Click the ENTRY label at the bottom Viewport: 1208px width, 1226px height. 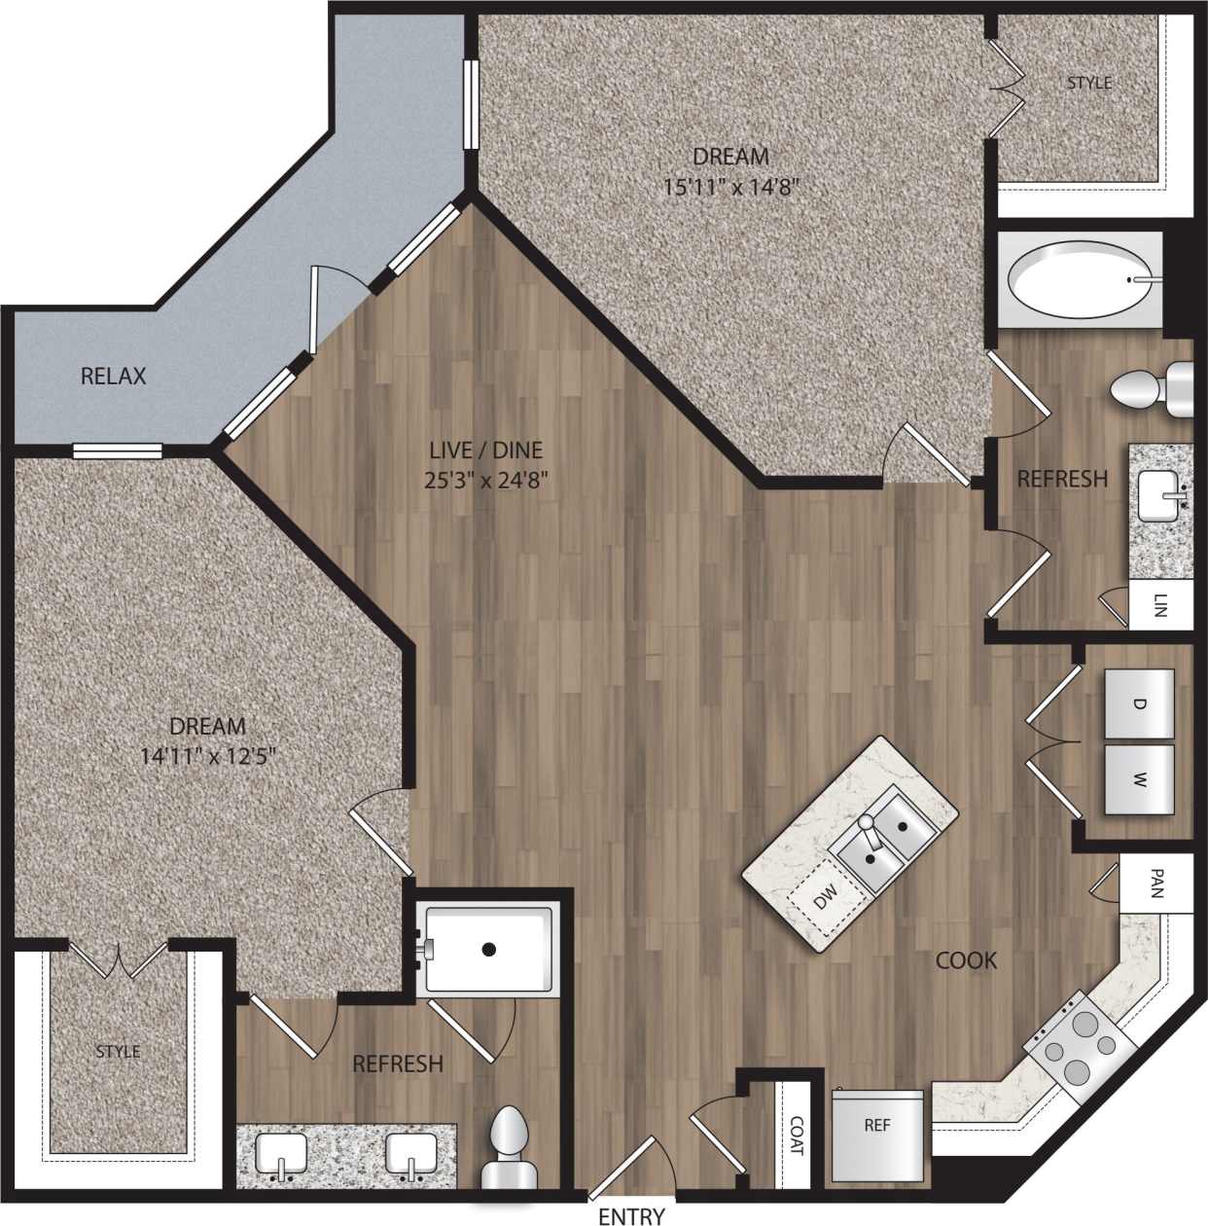click(x=631, y=1215)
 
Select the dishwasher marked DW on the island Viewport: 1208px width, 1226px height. click(x=825, y=901)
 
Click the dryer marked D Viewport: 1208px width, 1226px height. click(x=1139, y=703)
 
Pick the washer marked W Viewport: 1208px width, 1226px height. click(x=1139, y=779)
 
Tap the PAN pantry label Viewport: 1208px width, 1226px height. click(x=1155, y=883)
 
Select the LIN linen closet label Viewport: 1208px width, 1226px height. click(x=1160, y=606)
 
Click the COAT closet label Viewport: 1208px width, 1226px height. click(x=797, y=1136)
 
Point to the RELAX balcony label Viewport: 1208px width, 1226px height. click(x=113, y=376)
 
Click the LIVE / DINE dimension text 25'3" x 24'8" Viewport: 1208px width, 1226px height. click(x=485, y=480)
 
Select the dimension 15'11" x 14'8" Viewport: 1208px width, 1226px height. click(x=730, y=186)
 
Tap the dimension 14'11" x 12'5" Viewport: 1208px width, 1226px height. click(x=208, y=755)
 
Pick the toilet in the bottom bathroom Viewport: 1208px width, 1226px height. click(x=510, y=1148)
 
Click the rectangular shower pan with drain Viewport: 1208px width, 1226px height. click(x=488, y=950)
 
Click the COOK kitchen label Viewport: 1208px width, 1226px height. click(x=966, y=960)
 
